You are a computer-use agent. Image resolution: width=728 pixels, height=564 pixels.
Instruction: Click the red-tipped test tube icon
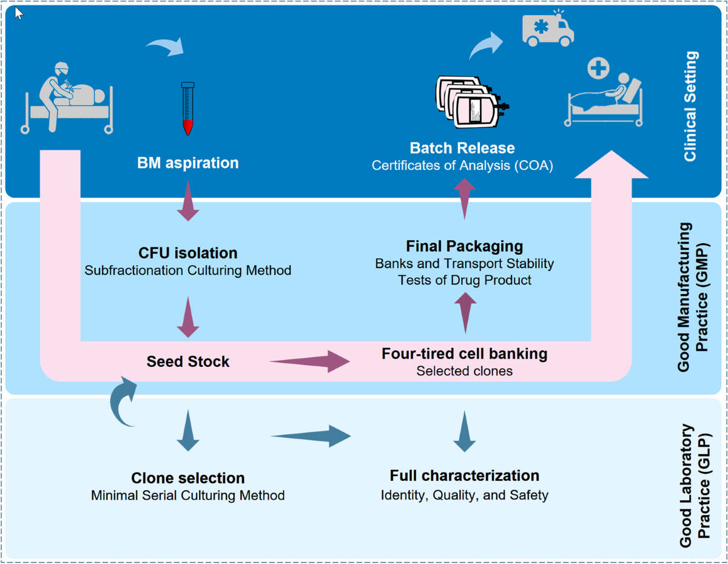[x=188, y=109]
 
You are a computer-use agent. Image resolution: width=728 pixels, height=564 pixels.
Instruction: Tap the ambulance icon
[x=548, y=30]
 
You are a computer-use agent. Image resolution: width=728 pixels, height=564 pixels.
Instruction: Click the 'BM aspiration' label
[x=188, y=163]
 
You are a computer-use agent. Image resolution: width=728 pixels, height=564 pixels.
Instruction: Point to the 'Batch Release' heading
[x=462, y=148]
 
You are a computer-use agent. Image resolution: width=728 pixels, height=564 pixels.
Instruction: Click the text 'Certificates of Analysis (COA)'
[x=462, y=166]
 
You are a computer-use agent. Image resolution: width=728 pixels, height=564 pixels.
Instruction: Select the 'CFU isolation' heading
[x=188, y=252]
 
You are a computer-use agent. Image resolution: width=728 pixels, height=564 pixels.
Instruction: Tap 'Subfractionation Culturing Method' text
[x=188, y=270]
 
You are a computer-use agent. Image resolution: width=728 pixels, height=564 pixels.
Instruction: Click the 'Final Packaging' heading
[x=464, y=246]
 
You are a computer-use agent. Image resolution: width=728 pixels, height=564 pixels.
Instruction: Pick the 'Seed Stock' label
[x=188, y=362]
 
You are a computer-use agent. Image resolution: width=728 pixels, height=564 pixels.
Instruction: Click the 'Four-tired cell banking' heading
[x=464, y=354]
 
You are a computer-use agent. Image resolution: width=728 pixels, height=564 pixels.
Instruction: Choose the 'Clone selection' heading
[x=188, y=478]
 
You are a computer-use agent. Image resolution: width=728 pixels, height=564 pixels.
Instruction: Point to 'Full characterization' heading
[x=464, y=475]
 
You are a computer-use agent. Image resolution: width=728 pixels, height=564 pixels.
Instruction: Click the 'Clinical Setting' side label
[x=690, y=106]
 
